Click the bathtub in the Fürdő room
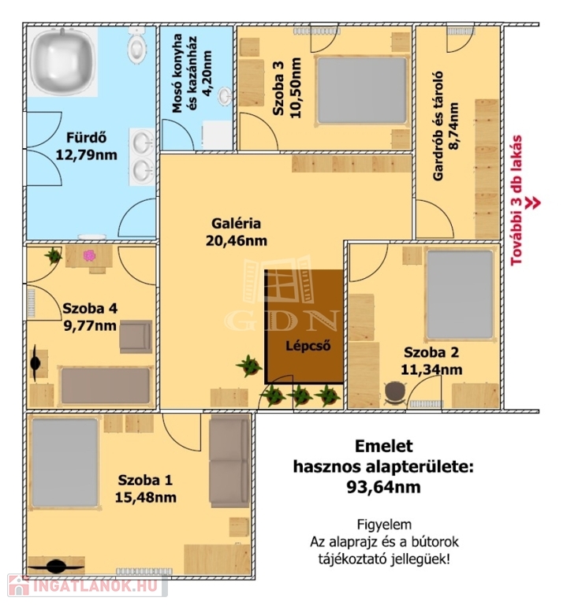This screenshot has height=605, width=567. click(62, 61)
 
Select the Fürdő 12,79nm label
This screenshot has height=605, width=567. click(87, 147)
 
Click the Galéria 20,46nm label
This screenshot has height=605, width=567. click(237, 232)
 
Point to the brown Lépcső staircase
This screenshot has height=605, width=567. click(304, 326)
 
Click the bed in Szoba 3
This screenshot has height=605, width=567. click(362, 91)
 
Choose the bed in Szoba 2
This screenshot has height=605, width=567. click(460, 295)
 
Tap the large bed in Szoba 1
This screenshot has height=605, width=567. click(65, 462)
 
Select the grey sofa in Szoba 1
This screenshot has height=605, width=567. click(229, 461)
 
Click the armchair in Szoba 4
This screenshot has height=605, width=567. click(136, 337)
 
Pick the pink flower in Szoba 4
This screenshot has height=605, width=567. click(89, 255)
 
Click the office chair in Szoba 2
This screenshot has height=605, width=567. click(395, 393)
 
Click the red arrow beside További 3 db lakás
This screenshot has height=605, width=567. click(534, 203)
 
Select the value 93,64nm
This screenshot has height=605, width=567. click(383, 488)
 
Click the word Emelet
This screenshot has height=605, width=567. click(383, 447)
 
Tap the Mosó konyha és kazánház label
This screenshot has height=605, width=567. click(191, 73)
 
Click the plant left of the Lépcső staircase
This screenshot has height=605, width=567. click(249, 366)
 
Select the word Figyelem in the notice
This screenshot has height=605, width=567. click(384, 525)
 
